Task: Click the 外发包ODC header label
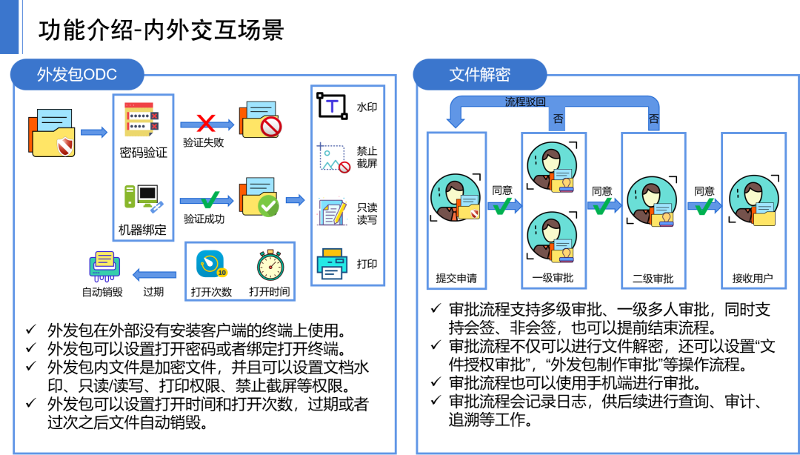[x=77, y=75]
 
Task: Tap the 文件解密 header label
[x=480, y=75]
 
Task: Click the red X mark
[x=205, y=123]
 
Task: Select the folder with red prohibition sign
[x=260, y=120]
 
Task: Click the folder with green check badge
[x=259, y=197]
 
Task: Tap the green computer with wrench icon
[x=143, y=198]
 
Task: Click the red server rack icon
[x=141, y=119]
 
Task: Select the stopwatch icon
[x=270, y=265]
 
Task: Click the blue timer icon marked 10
[x=211, y=265]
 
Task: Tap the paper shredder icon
[x=104, y=266]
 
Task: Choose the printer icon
[x=332, y=263]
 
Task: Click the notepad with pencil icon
[x=332, y=211]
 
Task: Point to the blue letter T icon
[x=332, y=106]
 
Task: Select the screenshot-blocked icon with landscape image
[x=333, y=157]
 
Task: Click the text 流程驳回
[x=525, y=102]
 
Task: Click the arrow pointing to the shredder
[x=154, y=275]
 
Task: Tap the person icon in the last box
[x=754, y=201]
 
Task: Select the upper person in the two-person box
[x=553, y=167]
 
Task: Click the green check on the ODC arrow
[x=210, y=199]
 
